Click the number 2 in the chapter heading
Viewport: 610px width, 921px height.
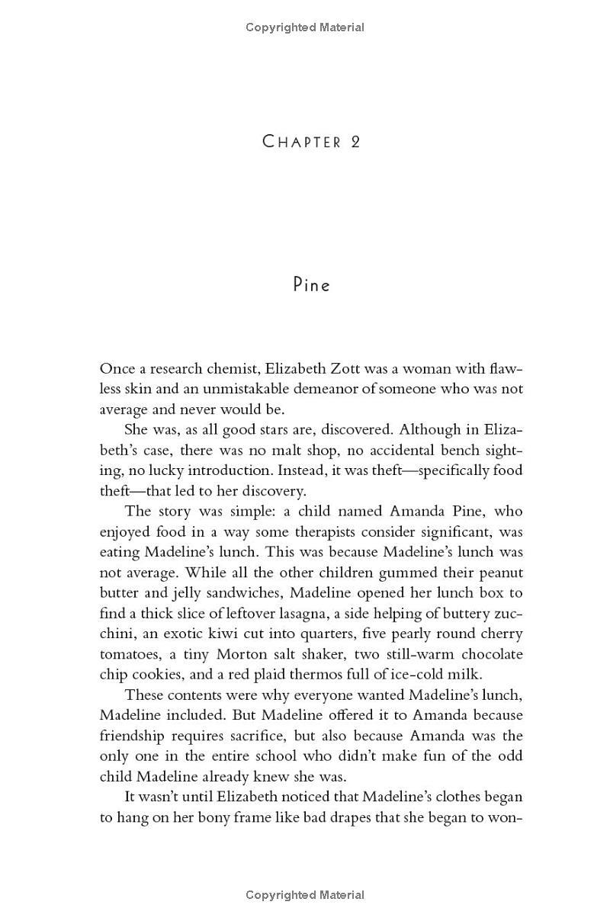[355, 142]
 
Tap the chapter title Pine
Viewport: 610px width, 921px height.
[311, 285]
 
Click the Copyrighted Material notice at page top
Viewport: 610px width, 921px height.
[305, 27]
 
